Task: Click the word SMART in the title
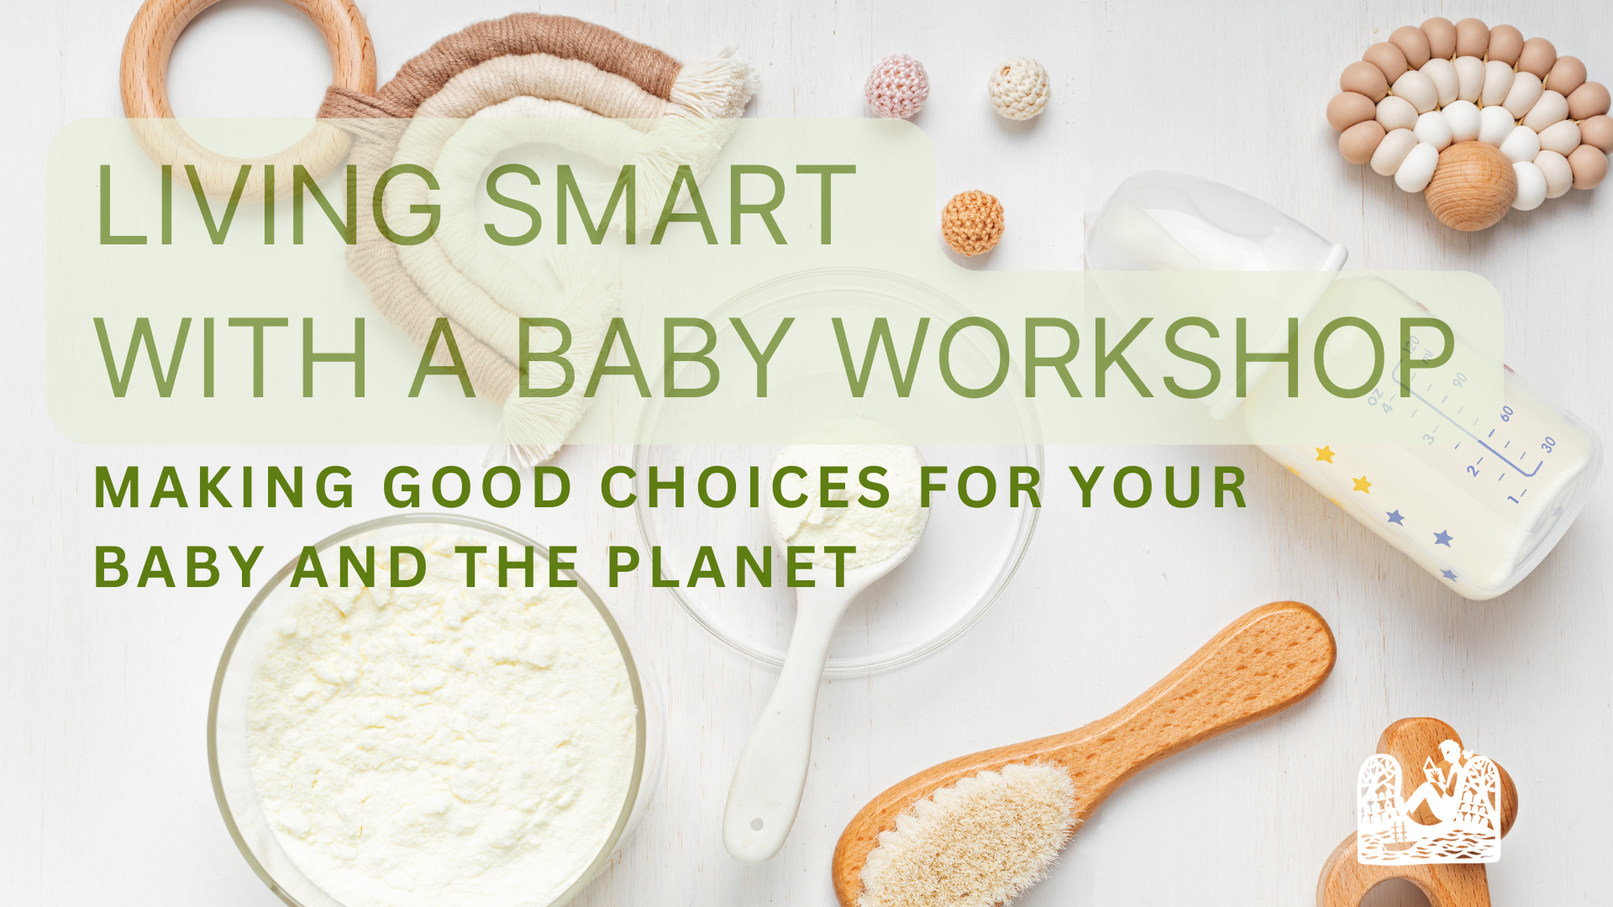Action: pyautogui.click(x=670, y=206)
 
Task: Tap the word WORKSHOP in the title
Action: pyautogui.click(x=1146, y=359)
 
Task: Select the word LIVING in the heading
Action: pyautogui.click(x=269, y=206)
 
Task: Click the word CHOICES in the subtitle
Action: pyautogui.click(x=745, y=488)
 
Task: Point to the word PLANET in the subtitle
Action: pyautogui.click(x=732, y=568)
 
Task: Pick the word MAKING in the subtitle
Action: pyautogui.click(x=225, y=488)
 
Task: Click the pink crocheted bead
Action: pyautogui.click(x=897, y=86)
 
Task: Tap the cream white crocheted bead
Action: pyautogui.click(x=1019, y=87)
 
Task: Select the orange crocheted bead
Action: pyautogui.click(x=973, y=223)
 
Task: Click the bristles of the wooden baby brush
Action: pyautogui.click(x=966, y=831)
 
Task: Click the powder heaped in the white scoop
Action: pyautogui.click(x=849, y=487)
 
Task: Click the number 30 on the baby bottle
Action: pyautogui.click(x=1548, y=444)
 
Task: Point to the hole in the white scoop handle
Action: pyautogui.click(x=756, y=825)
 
